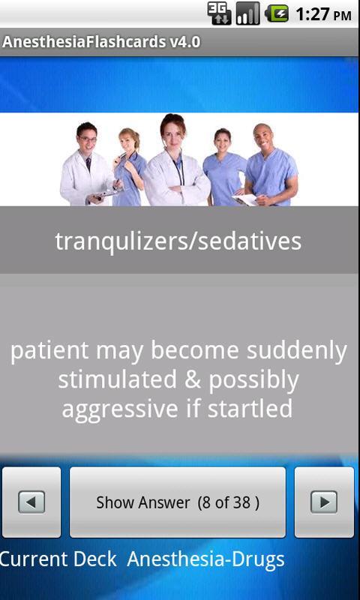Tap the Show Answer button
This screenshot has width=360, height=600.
click(178, 502)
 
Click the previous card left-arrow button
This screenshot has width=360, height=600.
click(31, 502)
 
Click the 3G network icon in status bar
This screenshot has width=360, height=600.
click(219, 13)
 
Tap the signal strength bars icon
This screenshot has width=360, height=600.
click(247, 13)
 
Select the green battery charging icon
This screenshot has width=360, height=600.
click(277, 13)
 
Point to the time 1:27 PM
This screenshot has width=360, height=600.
click(323, 14)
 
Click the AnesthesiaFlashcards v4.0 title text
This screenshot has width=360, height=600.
click(101, 42)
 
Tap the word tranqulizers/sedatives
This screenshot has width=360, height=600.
click(178, 241)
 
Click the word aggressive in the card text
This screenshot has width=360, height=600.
click(120, 409)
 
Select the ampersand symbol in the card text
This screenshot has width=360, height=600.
click(192, 379)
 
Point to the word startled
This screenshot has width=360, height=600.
click(250, 408)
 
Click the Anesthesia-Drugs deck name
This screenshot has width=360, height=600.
click(205, 559)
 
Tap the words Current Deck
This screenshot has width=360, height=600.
click(58, 559)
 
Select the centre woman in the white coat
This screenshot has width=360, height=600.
click(176, 160)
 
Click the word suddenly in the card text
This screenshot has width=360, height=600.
click(296, 351)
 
